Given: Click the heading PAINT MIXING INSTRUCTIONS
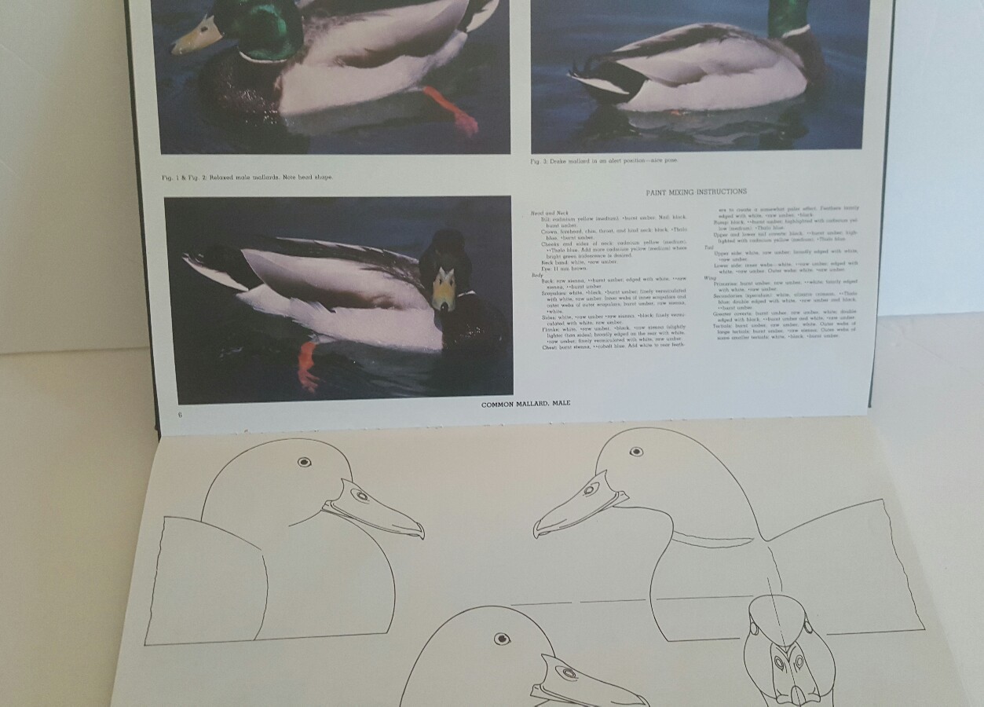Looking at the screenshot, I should coord(696,192).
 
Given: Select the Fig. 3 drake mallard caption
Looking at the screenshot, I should coord(602,160).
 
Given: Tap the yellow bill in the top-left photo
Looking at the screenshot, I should coord(196,36).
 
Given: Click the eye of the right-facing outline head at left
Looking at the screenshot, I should coord(304,462).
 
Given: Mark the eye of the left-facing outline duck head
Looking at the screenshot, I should coord(637,452).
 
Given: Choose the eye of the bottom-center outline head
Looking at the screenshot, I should coord(502,639).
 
